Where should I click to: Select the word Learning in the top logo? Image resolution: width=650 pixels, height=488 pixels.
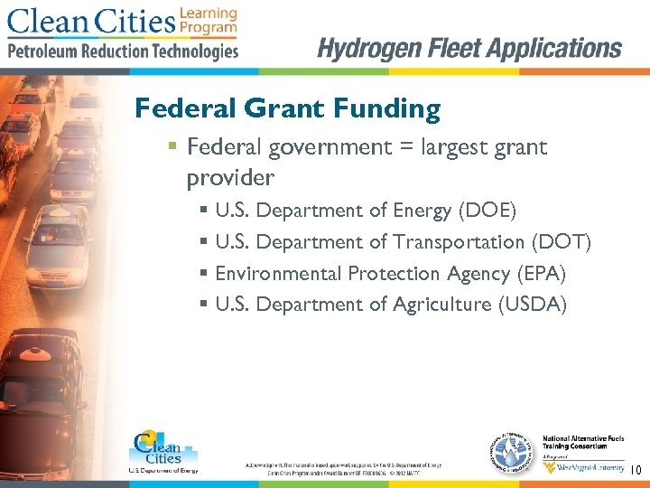coord(209,14)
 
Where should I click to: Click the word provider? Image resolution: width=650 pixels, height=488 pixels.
coord(230,178)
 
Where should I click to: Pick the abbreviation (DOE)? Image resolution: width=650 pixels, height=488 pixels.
coord(487,211)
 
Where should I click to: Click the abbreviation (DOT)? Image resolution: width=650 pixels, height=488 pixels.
coord(562,242)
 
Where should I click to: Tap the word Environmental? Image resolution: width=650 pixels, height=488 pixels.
coord(278,273)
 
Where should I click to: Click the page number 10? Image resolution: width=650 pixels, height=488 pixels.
coord(635,470)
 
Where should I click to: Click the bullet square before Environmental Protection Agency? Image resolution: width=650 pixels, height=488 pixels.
coord(204,273)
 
